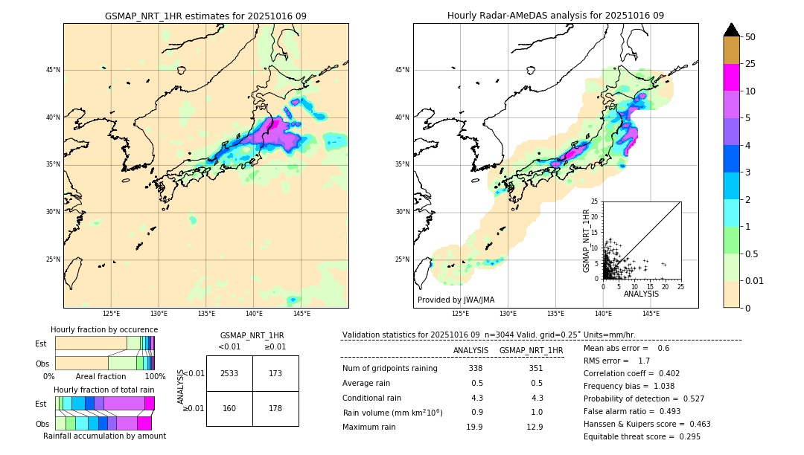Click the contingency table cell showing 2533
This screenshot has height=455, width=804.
tap(229, 373)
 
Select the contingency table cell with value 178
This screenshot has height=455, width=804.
tap(275, 408)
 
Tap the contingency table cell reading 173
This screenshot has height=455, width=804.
tap(275, 373)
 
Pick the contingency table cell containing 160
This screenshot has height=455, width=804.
tap(229, 408)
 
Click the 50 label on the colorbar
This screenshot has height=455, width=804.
tap(750, 37)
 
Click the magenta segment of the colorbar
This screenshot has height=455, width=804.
tap(732, 77)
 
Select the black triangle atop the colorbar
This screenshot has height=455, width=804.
tap(732, 30)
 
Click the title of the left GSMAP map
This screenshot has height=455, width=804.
tap(205, 16)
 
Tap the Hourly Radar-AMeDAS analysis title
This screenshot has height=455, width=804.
tap(555, 16)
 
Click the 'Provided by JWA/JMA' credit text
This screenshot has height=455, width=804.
tap(456, 300)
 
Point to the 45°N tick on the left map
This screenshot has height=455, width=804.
tap(53, 70)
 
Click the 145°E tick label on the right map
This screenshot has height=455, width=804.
tap(651, 314)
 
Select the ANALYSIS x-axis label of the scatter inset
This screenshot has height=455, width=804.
tap(641, 294)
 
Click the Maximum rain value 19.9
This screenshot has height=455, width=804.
tap(475, 427)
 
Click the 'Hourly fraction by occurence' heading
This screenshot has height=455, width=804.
tap(104, 329)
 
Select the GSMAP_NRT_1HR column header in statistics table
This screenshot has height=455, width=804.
tap(531, 350)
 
